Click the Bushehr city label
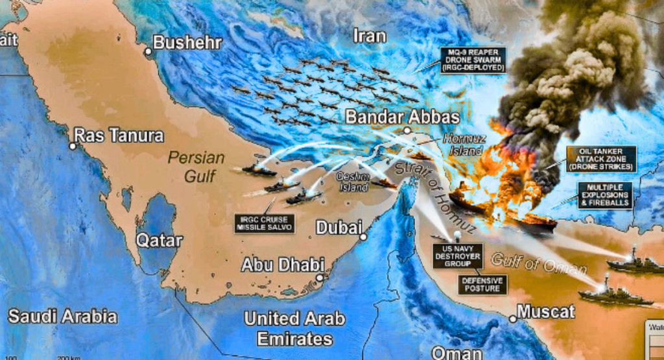click(187, 43)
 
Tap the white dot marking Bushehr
click(148, 51)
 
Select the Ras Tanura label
click(119, 136)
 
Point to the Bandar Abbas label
click(402, 117)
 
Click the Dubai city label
click(338, 228)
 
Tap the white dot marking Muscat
click(512, 318)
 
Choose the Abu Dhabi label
click(283, 265)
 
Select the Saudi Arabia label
click(62, 317)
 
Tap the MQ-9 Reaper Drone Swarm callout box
click(473, 60)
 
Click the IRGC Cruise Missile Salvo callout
click(265, 223)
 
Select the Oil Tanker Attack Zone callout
click(601, 159)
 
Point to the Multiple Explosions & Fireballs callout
click(604, 195)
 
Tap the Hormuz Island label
click(464, 144)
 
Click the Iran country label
click(370, 35)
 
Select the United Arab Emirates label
click(294, 328)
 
